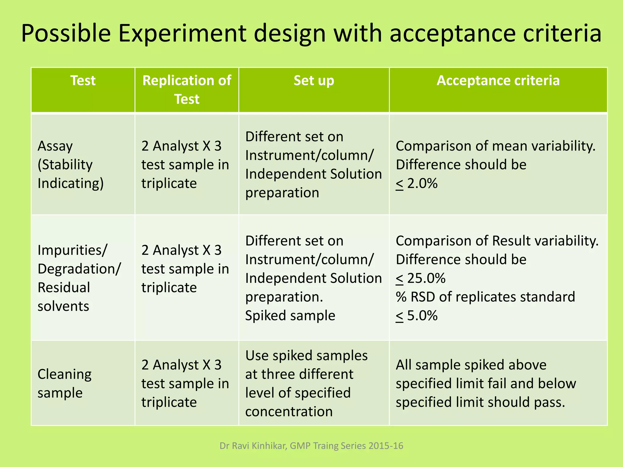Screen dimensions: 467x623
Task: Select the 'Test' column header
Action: pos(83,81)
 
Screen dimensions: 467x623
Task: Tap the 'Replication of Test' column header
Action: pos(186,90)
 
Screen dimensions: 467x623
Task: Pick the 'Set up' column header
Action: pos(314,81)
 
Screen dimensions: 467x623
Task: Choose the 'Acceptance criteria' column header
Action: pos(498,81)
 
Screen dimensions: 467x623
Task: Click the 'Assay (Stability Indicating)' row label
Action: pos(70,165)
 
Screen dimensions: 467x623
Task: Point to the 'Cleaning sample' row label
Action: pos(64,383)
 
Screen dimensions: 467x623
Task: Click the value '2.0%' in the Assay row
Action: pos(422,184)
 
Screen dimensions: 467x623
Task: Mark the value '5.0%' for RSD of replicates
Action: pos(422,316)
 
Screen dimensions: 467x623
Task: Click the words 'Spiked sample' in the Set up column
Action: pos(290,316)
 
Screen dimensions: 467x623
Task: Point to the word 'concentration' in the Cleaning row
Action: pos(289,412)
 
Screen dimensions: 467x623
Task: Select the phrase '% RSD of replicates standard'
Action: pos(485,297)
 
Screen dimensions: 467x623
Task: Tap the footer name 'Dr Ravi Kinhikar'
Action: pos(252,446)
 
